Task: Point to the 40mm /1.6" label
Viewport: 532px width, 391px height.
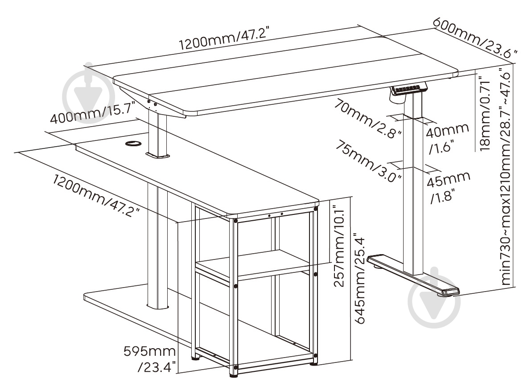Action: click(446, 138)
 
